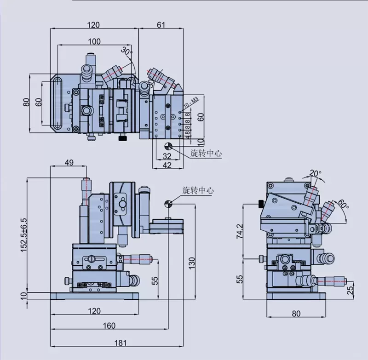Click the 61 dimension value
tap(161, 25)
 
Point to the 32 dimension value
tap(167, 156)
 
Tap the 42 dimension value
tap(167, 165)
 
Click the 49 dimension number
tap(69, 162)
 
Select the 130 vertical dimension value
tap(193, 263)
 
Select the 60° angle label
tap(343, 202)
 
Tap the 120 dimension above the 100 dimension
tap(94, 25)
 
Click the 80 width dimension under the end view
tap(296, 314)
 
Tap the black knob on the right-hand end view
tap(260, 204)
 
